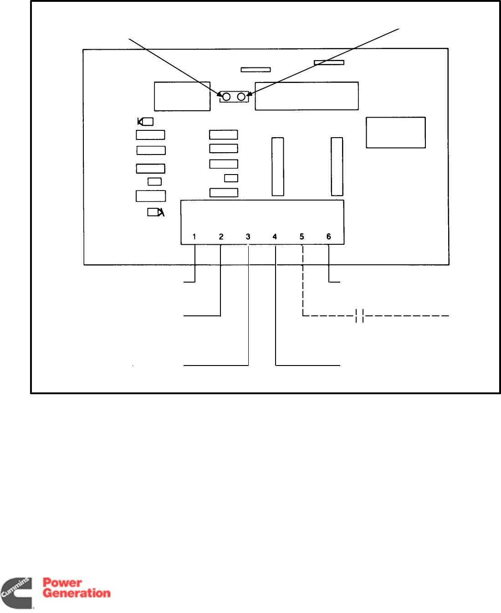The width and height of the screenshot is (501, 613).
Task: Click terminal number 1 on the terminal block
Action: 194,237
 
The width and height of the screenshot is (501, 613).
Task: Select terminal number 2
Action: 221,237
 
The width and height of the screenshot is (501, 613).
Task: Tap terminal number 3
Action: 248,237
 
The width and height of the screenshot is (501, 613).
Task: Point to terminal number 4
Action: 275,237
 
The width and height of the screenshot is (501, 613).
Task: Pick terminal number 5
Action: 302,237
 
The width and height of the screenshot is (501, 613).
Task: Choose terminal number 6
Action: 328,237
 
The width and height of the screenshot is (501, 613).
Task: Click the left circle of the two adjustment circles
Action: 226,97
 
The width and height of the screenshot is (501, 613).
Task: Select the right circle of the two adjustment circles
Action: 241,97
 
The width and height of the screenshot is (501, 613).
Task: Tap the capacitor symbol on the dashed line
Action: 359,315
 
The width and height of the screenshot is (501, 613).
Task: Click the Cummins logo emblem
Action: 17,592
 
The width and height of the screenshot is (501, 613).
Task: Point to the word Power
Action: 62,582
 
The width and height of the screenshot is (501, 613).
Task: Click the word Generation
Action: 77,593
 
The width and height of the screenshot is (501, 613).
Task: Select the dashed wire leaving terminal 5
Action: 303,283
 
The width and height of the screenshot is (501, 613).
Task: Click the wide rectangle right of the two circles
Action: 307,96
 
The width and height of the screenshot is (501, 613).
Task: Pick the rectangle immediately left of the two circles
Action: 182,96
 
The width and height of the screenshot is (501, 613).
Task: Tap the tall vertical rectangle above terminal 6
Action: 337,166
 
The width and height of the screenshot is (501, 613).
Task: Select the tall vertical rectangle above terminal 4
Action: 278,166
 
